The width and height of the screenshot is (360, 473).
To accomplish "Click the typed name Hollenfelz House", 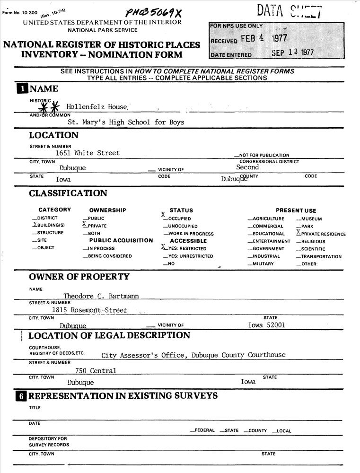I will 97,107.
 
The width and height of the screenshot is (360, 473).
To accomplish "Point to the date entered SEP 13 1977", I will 292,53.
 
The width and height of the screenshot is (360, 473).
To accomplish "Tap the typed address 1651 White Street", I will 88,153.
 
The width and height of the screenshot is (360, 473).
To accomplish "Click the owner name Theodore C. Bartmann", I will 101,296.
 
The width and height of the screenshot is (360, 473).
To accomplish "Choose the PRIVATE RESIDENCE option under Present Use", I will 321,234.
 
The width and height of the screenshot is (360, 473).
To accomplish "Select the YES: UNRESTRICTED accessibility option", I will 188,256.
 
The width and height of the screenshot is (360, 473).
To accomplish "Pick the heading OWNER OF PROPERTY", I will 79,277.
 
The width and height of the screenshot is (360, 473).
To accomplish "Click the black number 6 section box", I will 21,396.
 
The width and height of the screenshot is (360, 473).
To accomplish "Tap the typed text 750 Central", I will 96,371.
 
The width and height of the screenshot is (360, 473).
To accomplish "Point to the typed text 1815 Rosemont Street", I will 89,310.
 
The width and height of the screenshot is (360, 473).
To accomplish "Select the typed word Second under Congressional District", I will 247,167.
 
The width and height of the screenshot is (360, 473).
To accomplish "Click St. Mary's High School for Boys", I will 126,122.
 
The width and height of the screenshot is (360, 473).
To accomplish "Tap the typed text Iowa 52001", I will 267,325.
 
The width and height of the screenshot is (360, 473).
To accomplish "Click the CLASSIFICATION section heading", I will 68,193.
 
